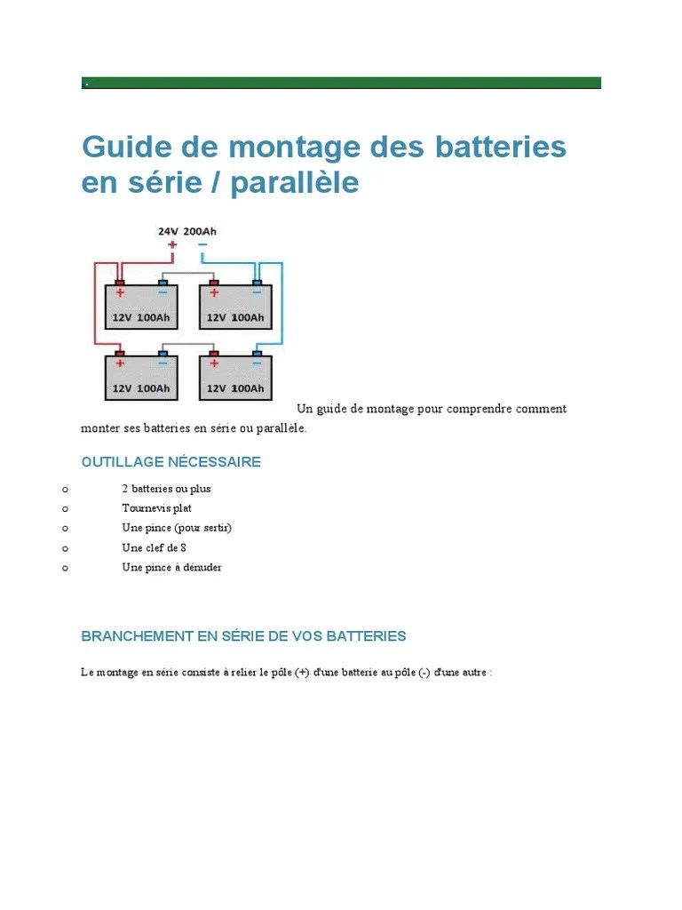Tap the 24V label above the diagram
click(168, 231)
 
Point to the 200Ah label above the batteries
click(200, 231)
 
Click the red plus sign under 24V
click(171, 244)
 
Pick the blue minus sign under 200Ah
click(202, 244)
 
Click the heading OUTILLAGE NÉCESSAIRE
click(170, 462)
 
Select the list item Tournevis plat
click(156, 508)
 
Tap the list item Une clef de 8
click(154, 547)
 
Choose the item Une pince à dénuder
click(171, 567)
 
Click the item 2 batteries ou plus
click(166, 489)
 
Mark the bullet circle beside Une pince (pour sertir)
click(65, 528)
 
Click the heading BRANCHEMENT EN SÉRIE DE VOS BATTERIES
click(243, 636)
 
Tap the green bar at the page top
click(341, 83)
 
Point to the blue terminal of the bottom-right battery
click(257, 354)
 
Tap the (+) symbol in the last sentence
click(303, 673)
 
